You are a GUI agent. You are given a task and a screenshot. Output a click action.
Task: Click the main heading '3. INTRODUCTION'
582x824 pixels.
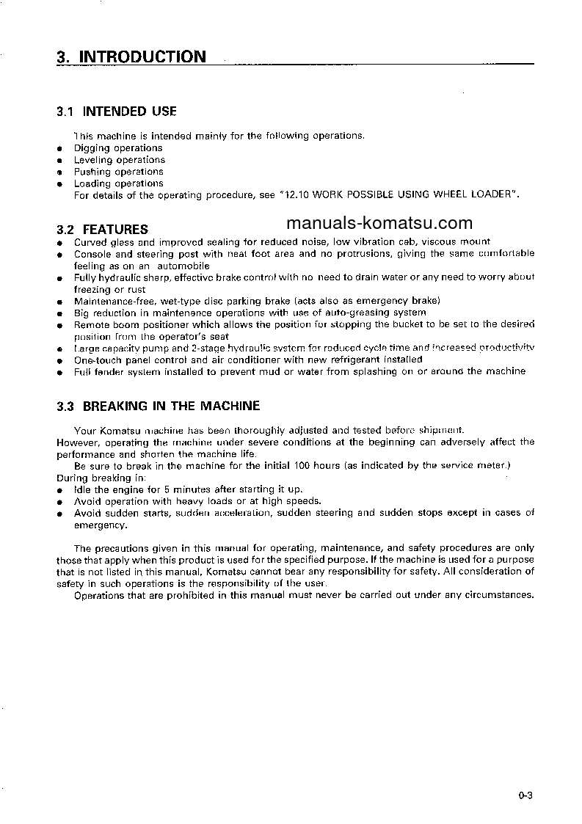click(131, 57)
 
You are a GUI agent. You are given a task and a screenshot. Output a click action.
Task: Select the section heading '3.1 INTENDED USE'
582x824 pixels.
click(116, 112)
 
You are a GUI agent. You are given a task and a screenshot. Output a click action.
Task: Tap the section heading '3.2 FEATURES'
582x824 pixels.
click(102, 229)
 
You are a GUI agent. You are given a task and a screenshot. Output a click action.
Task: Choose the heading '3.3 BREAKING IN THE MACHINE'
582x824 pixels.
click(158, 406)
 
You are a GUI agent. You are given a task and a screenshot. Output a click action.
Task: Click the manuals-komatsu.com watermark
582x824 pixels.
click(379, 223)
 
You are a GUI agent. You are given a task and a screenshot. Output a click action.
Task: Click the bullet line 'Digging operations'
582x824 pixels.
click(118, 148)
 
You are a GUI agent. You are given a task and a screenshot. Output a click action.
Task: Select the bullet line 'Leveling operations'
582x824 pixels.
click(120, 160)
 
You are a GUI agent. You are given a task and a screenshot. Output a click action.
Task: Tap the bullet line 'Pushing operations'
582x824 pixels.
click(118, 172)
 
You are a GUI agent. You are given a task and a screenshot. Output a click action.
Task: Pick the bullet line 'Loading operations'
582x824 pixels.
click(118, 183)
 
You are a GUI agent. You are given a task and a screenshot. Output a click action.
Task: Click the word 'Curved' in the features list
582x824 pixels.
click(90, 241)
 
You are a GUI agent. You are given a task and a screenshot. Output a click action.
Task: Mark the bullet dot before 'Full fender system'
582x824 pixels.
click(59, 373)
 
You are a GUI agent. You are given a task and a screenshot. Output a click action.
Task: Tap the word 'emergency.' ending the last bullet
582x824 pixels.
click(101, 525)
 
